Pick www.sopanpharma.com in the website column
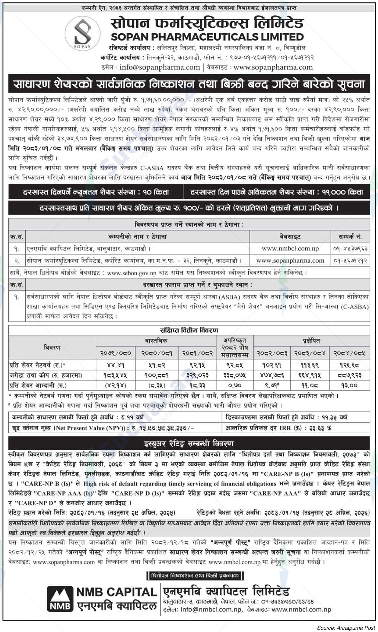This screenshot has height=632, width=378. coord(290,260)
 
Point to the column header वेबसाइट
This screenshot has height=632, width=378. coord(290,237)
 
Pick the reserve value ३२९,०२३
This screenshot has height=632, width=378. coord(197,375)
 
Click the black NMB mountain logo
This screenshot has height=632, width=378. coord(60,598)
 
